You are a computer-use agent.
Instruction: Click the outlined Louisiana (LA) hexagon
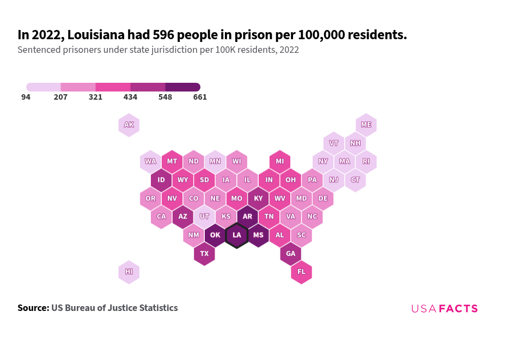(237, 235)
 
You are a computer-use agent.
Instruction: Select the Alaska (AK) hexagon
(129, 125)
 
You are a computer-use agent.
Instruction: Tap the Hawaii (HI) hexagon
(129, 272)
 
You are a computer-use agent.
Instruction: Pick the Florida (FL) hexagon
(301, 272)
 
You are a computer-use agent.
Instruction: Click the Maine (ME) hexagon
(366, 125)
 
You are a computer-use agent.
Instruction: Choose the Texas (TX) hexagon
(204, 254)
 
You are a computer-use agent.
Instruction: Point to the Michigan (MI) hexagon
(280, 162)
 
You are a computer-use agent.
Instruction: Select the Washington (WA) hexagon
(150, 162)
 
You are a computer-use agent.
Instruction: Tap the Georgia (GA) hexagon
(291, 254)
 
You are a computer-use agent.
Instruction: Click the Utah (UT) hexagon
(204, 217)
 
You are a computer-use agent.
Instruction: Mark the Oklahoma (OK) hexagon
(215, 235)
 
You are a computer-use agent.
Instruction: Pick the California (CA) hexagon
(161, 217)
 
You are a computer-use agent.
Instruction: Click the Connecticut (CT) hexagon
(355, 180)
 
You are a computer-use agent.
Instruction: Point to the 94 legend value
(26, 97)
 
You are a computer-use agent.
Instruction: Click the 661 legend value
(200, 97)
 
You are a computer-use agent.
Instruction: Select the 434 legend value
(130, 97)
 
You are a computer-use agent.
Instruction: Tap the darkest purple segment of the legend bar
(182, 87)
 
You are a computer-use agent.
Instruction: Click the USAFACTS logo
(444, 309)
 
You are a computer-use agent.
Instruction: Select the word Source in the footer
(33, 308)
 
